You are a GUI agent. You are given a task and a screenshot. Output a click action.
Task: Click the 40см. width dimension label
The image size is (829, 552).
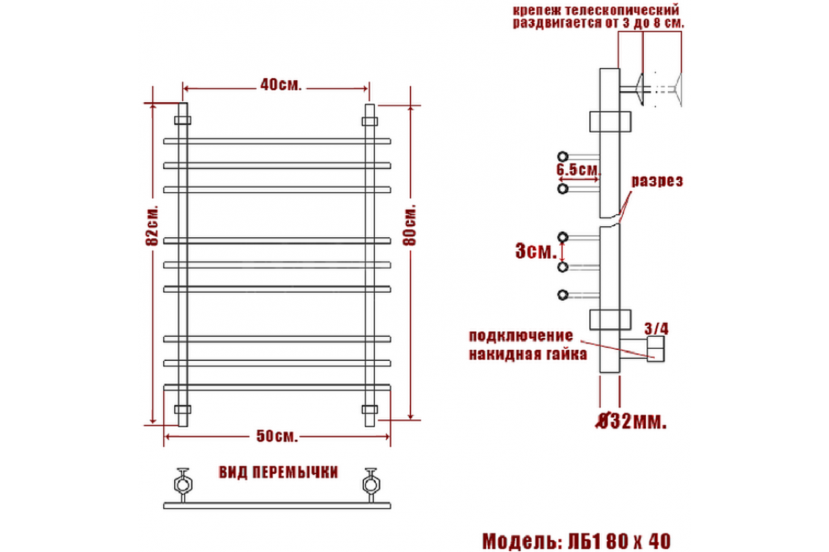(281, 85)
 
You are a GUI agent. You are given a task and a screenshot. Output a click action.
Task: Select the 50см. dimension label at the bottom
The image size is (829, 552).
(277, 436)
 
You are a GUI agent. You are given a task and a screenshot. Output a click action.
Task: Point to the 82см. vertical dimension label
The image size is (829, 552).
(152, 225)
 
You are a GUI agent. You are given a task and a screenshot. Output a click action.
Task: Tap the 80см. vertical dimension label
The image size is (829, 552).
(410, 225)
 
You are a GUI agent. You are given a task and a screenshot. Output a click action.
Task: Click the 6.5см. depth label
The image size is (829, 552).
(578, 169)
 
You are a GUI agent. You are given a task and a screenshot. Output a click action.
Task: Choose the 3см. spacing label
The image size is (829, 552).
(536, 251)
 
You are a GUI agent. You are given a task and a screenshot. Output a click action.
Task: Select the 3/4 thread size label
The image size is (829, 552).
(656, 328)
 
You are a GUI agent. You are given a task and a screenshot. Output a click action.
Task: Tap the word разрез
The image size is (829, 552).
(657, 181)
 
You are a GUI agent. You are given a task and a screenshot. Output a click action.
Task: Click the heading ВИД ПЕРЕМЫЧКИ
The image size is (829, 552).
(278, 473)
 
